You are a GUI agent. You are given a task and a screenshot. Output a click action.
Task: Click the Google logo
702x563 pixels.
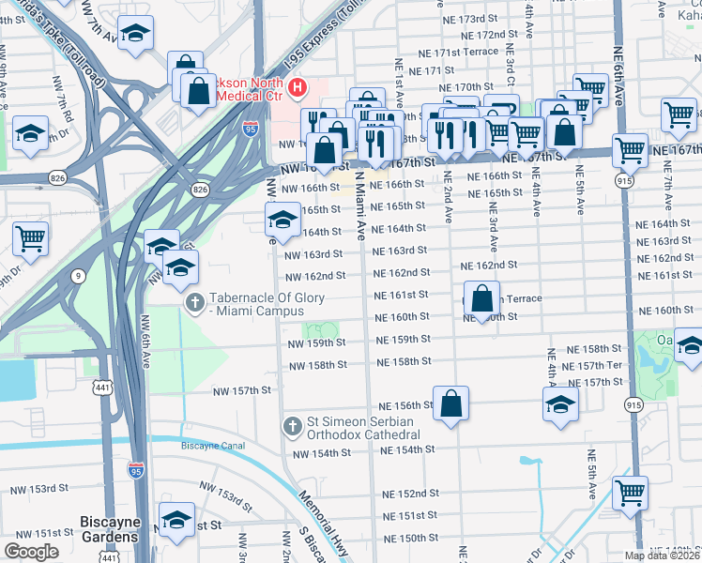coord(31,552)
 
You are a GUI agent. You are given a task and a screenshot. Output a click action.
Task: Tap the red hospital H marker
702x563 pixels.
coord(298,89)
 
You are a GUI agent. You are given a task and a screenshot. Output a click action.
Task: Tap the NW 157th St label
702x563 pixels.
coord(241,389)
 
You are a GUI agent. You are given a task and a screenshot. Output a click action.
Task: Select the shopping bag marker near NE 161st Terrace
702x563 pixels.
coord(481,299)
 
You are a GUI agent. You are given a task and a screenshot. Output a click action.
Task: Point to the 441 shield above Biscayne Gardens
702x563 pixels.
coord(102,387)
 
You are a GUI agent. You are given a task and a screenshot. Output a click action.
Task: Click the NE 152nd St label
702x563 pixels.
coord(410,494)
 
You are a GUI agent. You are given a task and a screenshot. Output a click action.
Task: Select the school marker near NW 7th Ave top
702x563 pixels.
coord(136,35)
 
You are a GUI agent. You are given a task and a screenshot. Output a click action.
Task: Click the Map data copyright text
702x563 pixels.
coord(663,555)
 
